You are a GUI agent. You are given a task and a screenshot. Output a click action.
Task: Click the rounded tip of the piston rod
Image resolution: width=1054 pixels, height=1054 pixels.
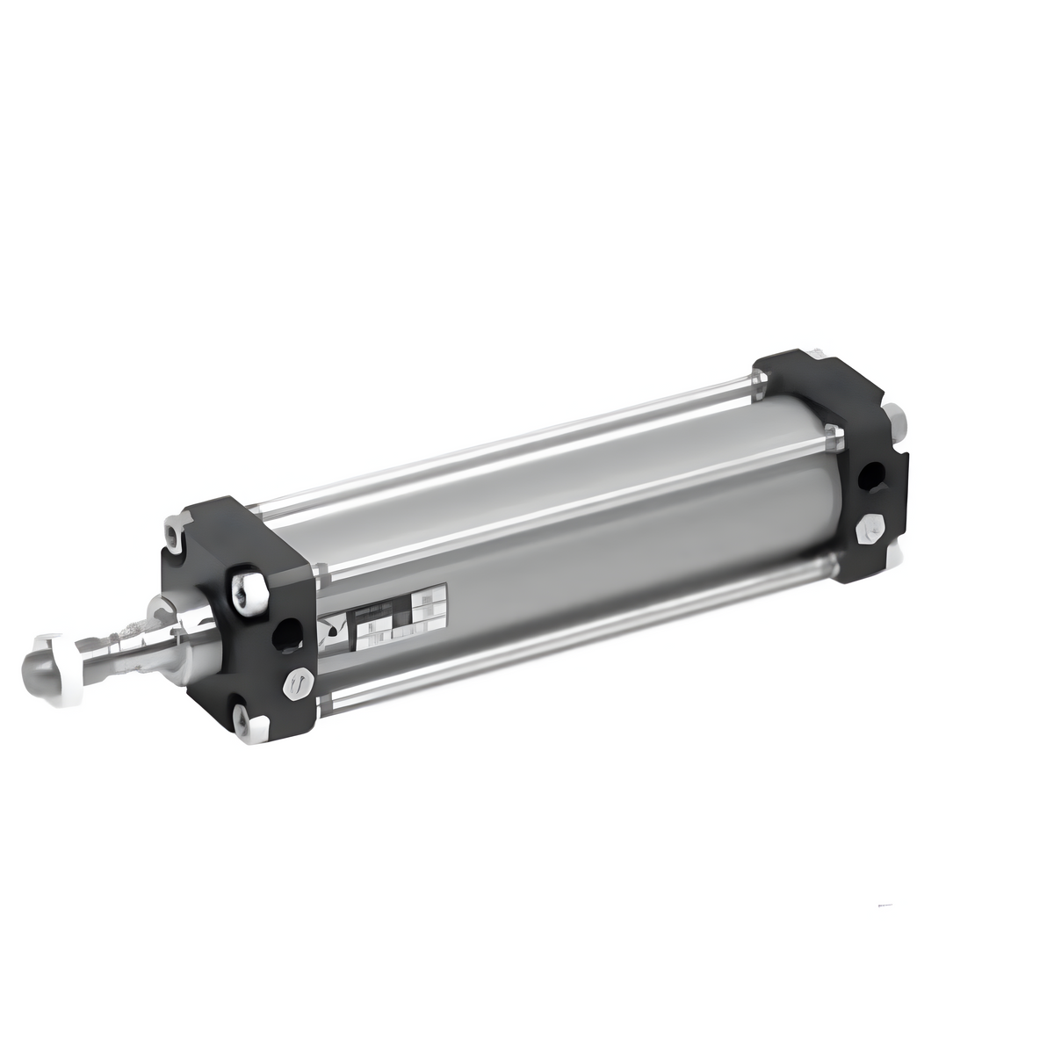(x=40, y=660)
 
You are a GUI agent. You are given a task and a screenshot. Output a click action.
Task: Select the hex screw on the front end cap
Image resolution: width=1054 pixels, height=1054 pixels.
(x=297, y=682)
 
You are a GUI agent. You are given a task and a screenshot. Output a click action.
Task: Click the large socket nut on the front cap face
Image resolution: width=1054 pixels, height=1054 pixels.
(x=249, y=593)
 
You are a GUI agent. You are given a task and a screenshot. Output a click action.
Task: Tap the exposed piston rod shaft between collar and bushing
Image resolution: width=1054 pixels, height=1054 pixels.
(x=123, y=634)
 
